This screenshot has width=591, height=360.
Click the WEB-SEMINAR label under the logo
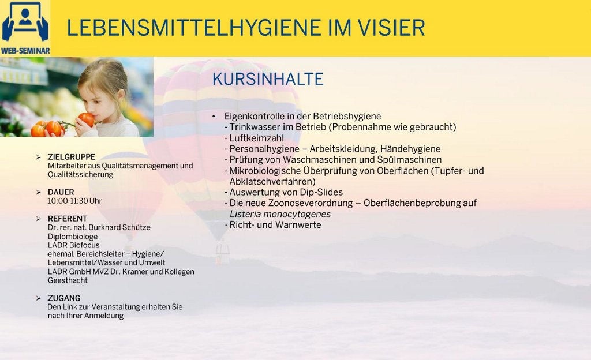tap(25, 50)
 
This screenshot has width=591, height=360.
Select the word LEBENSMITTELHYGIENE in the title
tap(194, 28)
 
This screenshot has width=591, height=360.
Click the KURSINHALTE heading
tap(268, 79)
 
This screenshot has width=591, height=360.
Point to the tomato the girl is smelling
tap(87, 119)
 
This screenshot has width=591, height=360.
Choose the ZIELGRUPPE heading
tap(72, 157)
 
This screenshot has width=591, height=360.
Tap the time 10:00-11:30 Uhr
tap(74, 201)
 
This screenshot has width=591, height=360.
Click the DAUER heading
tap(61, 192)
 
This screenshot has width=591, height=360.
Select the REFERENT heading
tap(68, 219)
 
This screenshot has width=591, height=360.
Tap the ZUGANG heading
tap(64, 298)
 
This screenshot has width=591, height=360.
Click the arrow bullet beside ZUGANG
tap(38, 298)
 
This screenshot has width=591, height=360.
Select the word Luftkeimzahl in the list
tap(257, 138)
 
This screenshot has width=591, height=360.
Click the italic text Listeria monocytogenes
tap(280, 214)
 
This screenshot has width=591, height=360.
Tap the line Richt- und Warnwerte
tap(275, 225)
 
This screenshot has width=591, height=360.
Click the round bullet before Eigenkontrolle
tap(214, 117)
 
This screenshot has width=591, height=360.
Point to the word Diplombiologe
tap(73, 237)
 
